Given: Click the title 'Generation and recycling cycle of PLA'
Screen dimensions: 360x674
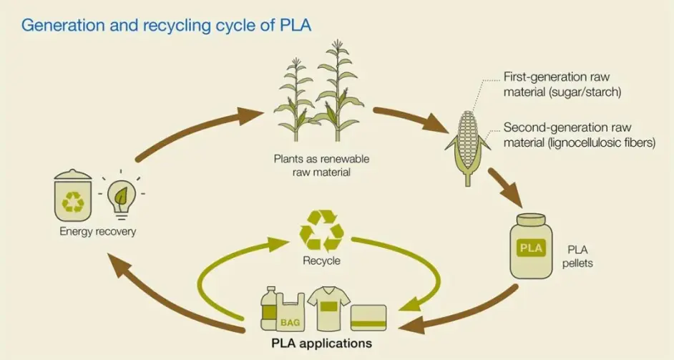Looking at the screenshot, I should pos(166,26).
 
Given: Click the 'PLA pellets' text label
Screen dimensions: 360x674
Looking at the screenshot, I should pos(580,257).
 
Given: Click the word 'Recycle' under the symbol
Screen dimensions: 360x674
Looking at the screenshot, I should pos(321,261).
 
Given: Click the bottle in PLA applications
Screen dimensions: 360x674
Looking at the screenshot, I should pos(269,308).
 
